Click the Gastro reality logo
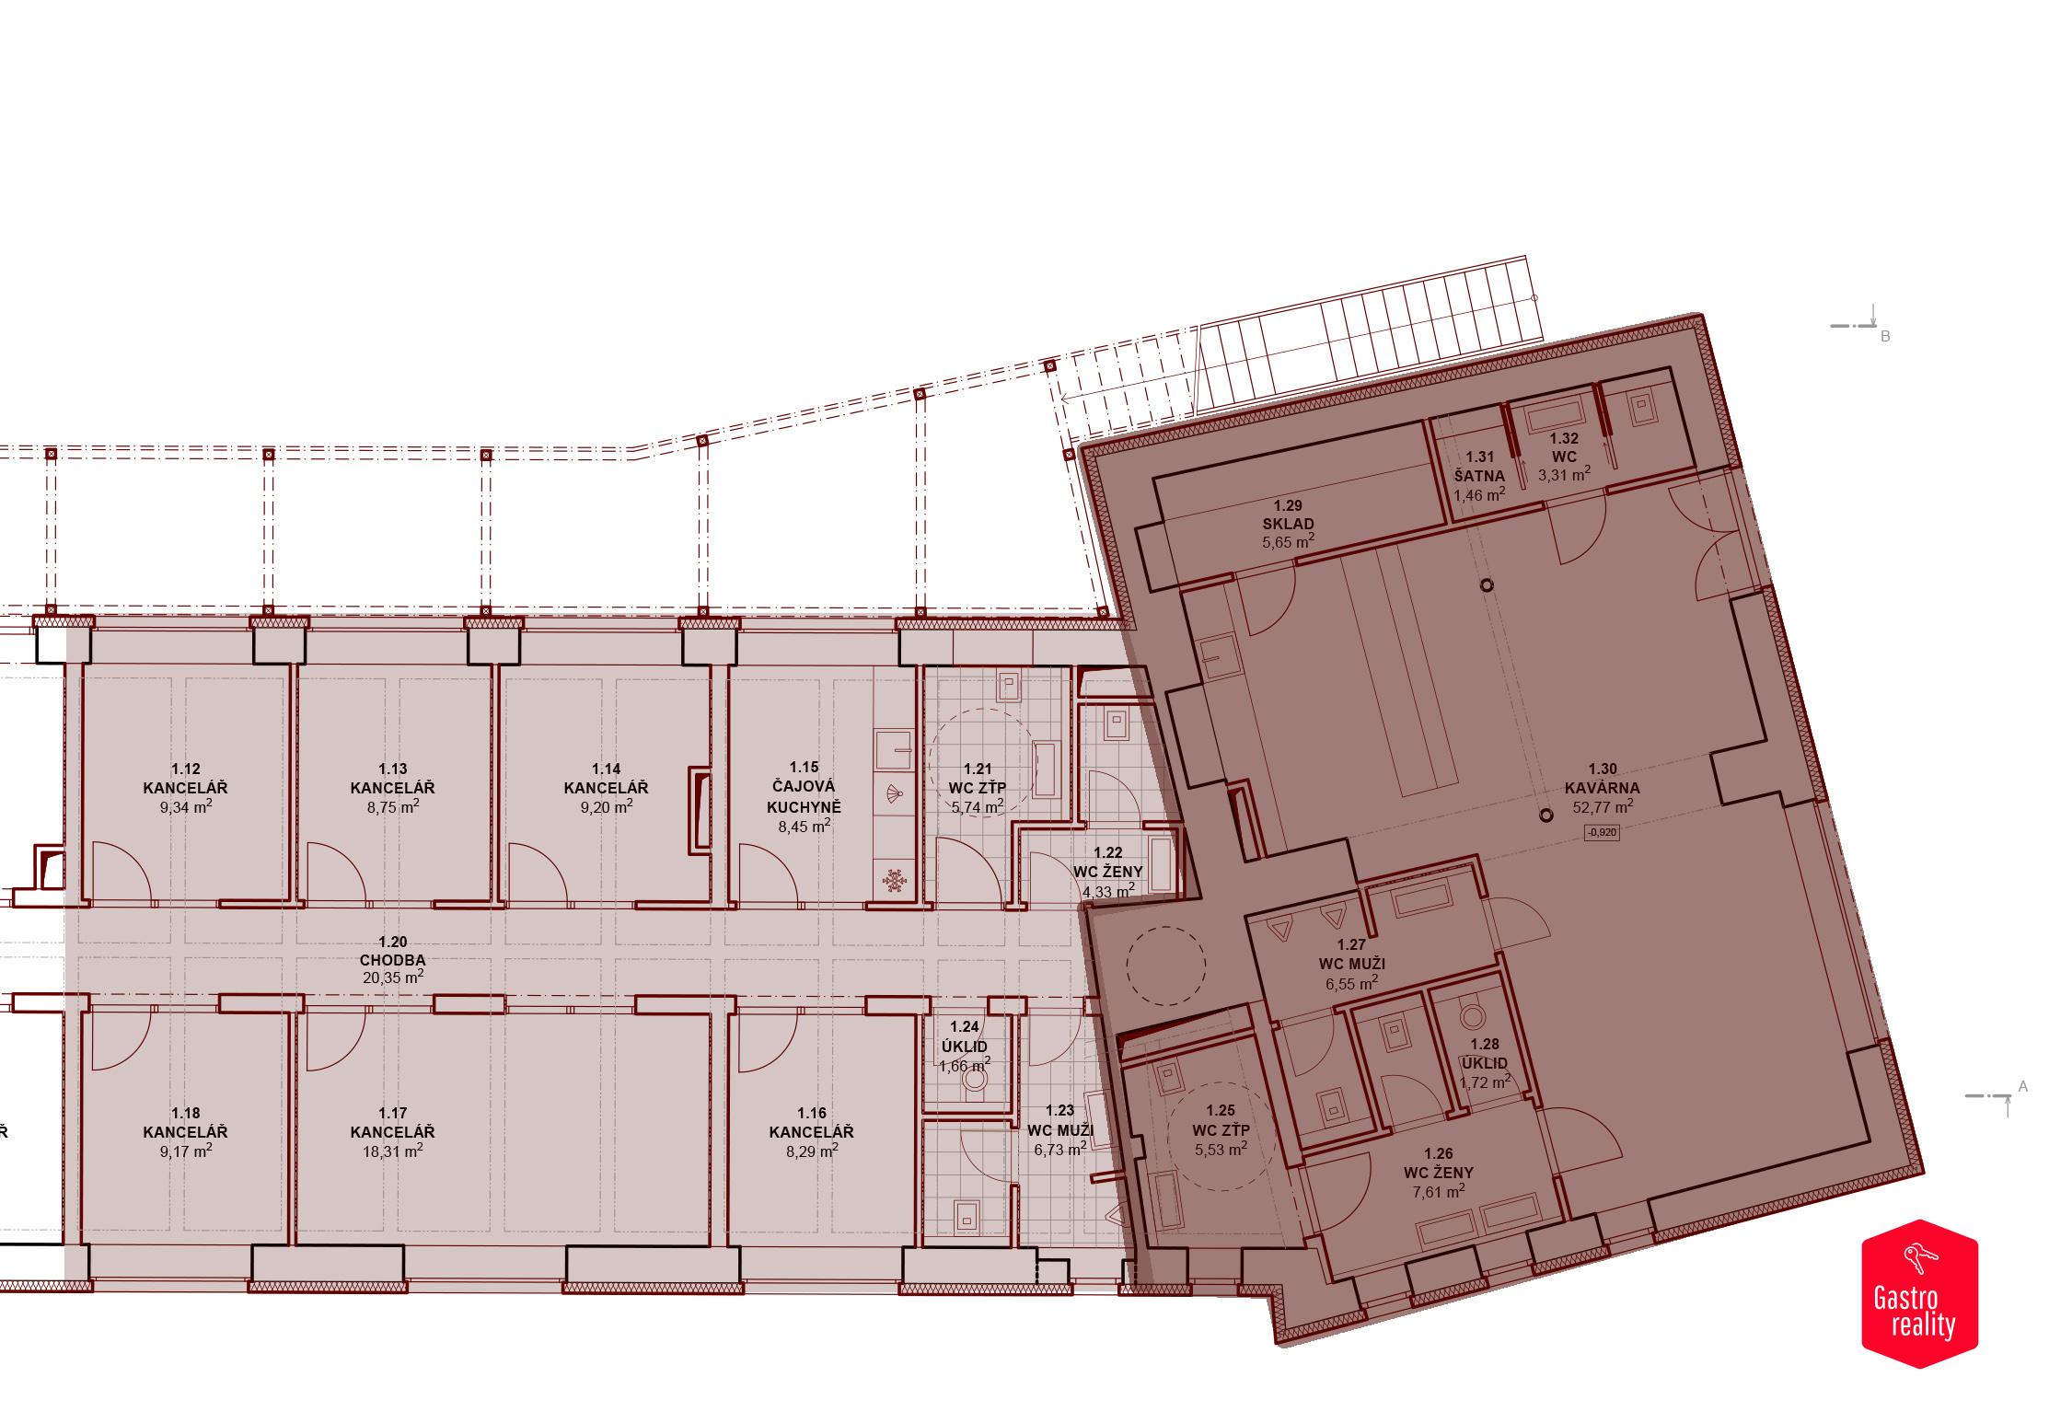click(1919, 1293)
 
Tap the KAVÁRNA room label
click(1602, 788)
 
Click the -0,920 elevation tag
click(1602, 833)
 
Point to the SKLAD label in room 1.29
click(1288, 524)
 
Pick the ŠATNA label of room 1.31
click(1479, 476)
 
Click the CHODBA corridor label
click(393, 960)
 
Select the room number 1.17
click(393, 1113)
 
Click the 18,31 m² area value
click(393, 1151)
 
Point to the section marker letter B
click(1885, 337)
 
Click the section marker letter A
click(2023, 1087)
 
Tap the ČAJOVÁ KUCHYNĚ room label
click(804, 796)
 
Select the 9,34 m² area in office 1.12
click(185, 807)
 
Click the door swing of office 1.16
click(766, 1042)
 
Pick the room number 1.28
click(1485, 1045)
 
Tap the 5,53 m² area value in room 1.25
click(1221, 1150)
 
